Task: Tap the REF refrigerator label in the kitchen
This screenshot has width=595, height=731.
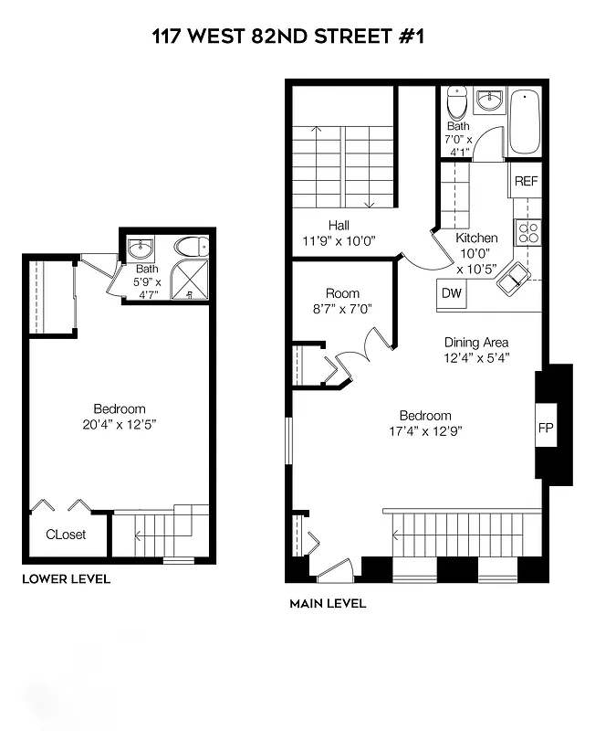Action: pos(527,181)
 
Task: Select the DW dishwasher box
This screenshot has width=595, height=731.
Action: pos(452,293)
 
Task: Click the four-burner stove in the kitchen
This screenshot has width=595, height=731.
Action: pos(527,233)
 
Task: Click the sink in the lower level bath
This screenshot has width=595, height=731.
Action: pos(141,249)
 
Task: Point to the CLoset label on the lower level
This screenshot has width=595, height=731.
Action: pos(66,535)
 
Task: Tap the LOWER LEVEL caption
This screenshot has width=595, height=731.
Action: pos(66,578)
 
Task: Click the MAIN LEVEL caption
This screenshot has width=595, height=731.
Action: pos(328,603)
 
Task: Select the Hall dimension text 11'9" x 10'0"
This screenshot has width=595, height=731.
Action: pos(339,241)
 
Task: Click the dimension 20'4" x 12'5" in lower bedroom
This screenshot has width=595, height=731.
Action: pos(119,424)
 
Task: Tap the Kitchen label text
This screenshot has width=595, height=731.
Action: pos(476,238)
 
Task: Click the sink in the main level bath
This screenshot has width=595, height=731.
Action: pos(490,99)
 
